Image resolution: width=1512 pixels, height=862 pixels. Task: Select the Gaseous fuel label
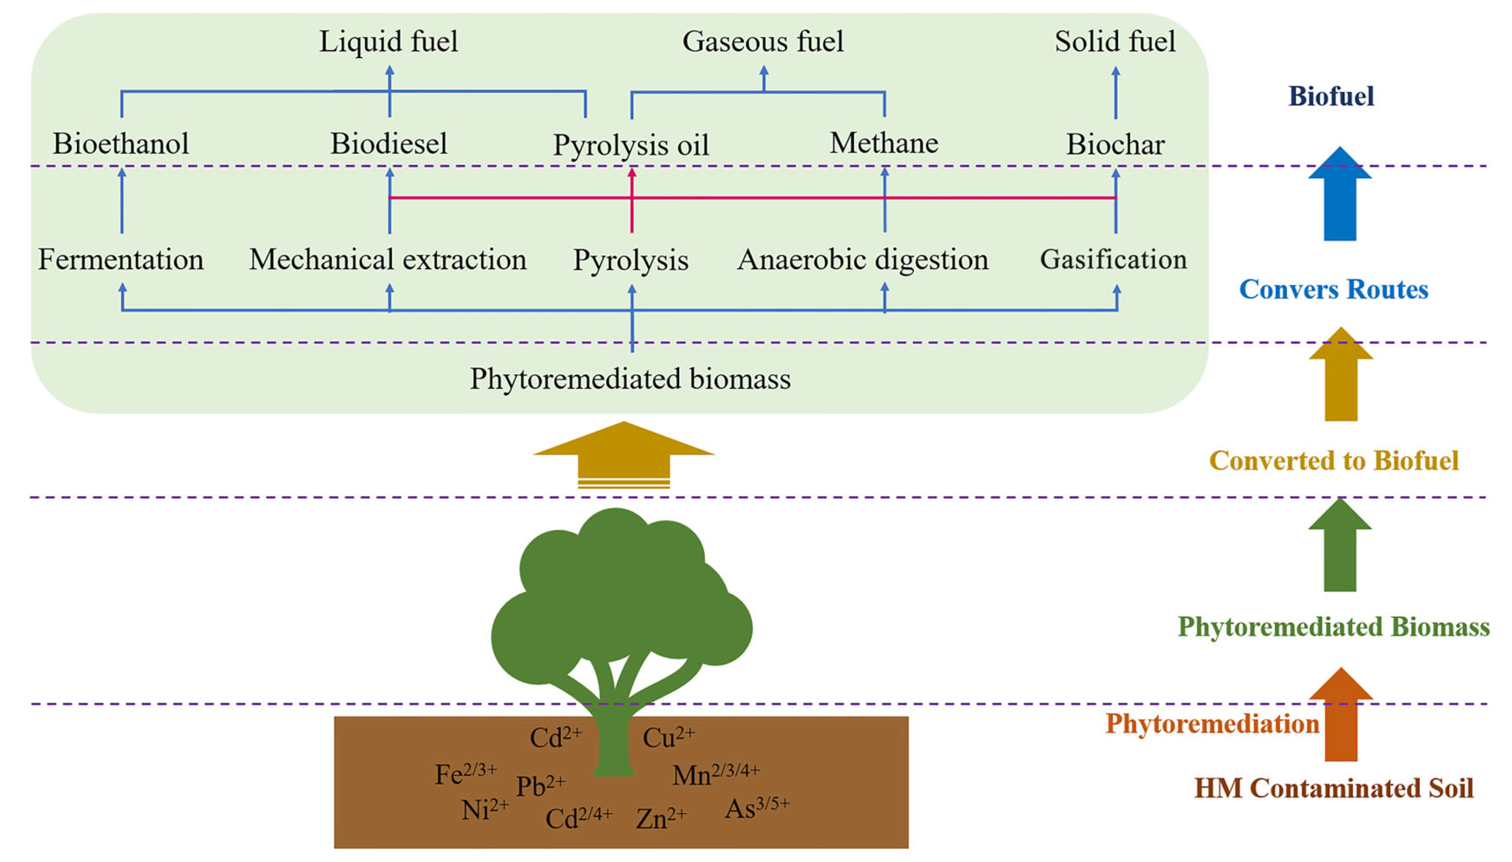tap(762, 42)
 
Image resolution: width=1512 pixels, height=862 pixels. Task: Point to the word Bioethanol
tap(121, 144)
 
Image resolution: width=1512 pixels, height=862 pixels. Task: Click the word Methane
tap(884, 143)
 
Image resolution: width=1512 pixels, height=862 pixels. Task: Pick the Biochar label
tap(1116, 144)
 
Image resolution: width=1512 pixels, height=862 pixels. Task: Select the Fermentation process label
tap(121, 260)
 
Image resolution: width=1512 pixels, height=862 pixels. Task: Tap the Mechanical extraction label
tap(388, 260)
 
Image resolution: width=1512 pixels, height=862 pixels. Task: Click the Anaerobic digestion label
tap(862, 260)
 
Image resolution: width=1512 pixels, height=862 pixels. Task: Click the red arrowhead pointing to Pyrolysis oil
tap(632, 172)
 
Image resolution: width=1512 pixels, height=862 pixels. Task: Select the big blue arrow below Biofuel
tap(1340, 194)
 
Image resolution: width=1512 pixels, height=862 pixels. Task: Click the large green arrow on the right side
tap(1340, 545)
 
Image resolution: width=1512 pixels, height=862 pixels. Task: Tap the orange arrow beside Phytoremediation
tap(1341, 714)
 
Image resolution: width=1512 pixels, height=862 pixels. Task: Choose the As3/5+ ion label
tap(757, 808)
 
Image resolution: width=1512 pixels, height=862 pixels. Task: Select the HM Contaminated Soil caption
tap(1334, 788)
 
